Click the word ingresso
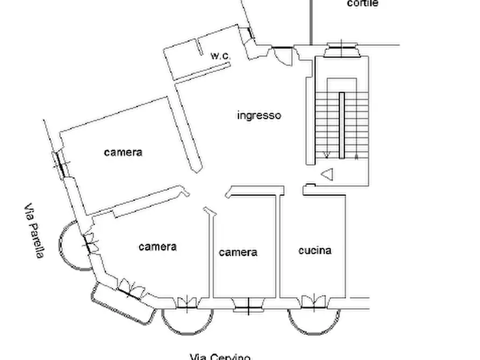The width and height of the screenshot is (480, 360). pyautogui.click(x=259, y=115)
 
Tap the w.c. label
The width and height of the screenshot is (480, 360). pyautogui.click(x=220, y=55)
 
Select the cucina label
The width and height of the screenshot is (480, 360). pyautogui.click(x=314, y=250)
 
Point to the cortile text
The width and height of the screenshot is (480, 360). pyautogui.click(x=363, y=4)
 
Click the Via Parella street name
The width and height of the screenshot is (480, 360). pyautogui.click(x=33, y=231)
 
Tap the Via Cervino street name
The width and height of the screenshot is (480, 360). pyautogui.click(x=220, y=356)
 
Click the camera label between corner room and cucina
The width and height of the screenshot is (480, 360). pyautogui.click(x=238, y=252)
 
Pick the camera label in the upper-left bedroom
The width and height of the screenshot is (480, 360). pyautogui.click(x=123, y=152)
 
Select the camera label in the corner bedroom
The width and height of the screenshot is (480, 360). pyautogui.click(x=157, y=247)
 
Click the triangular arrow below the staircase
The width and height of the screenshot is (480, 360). pyautogui.click(x=327, y=174)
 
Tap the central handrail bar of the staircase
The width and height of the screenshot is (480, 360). pyautogui.click(x=341, y=125)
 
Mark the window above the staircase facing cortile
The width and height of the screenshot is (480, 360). pyautogui.click(x=341, y=49)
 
